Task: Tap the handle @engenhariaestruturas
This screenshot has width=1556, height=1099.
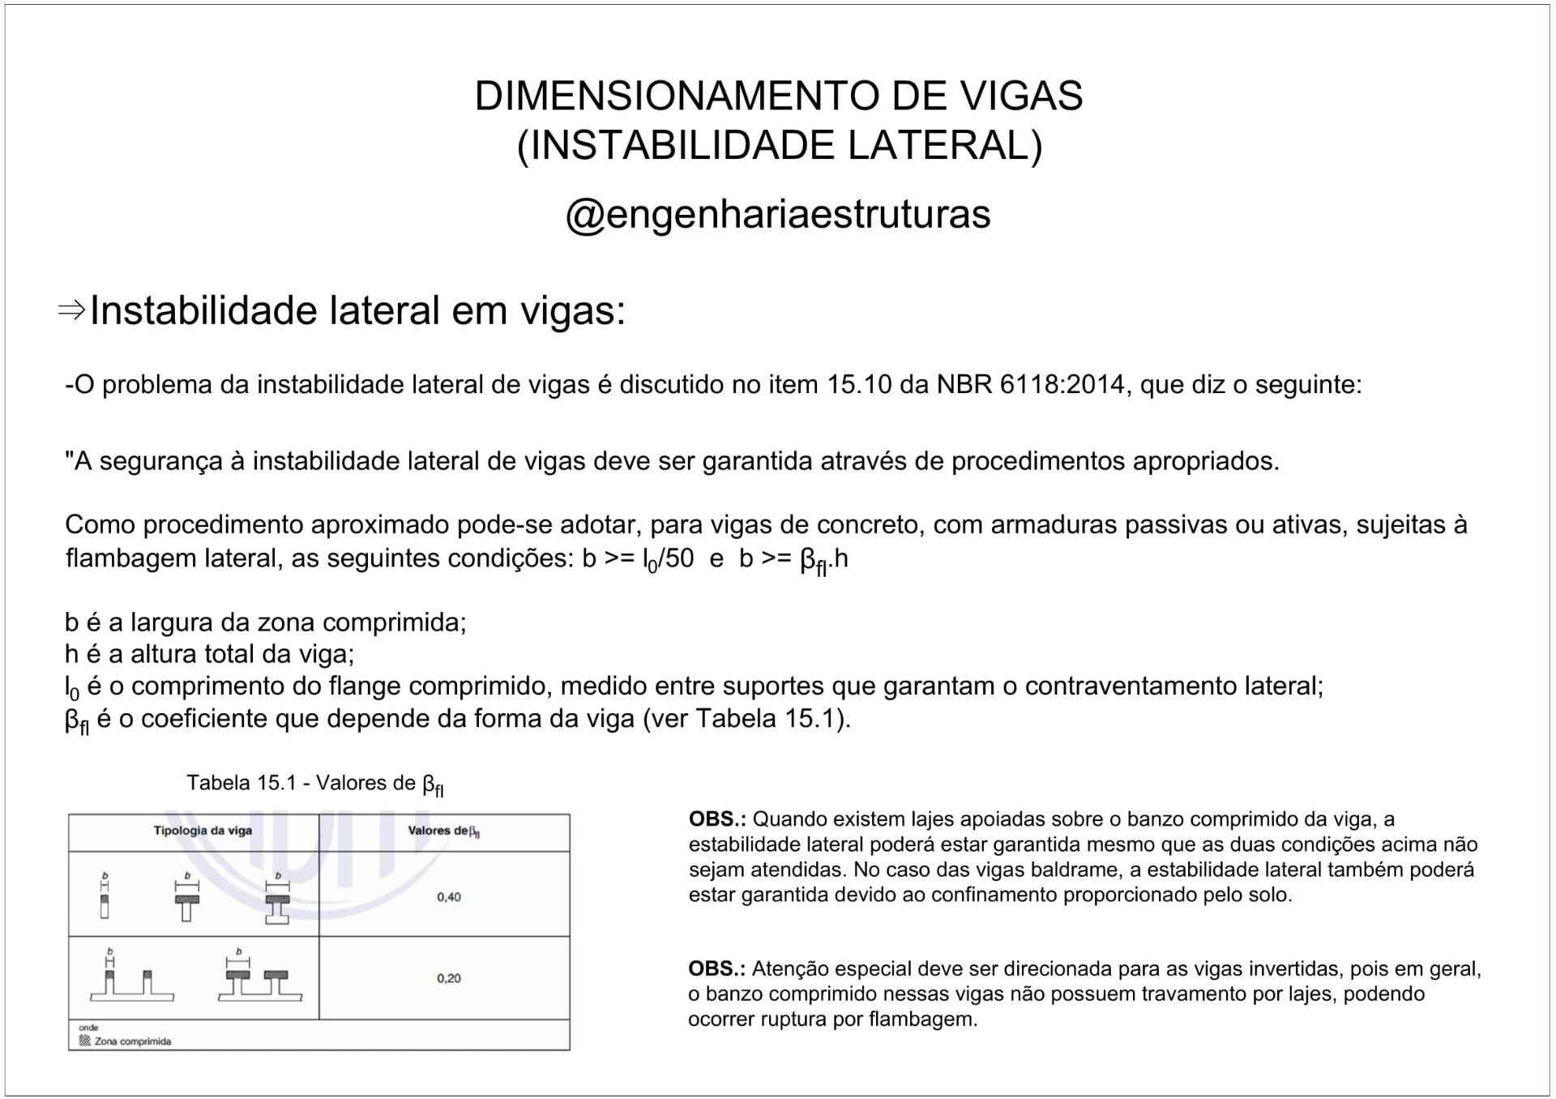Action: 778,214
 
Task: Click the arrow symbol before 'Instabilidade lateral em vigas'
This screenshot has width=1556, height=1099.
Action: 72,310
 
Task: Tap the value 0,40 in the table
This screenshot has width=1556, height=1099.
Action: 448,897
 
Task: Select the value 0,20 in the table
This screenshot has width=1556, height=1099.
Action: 448,978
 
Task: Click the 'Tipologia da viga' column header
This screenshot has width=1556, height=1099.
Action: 203,831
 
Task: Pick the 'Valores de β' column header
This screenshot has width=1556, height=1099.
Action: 444,831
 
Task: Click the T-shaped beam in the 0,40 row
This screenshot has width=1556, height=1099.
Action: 187,904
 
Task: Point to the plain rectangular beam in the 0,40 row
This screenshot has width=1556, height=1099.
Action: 105,904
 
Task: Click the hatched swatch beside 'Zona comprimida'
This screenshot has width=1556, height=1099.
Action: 84,1041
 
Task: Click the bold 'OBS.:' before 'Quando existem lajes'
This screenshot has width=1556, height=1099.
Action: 716,819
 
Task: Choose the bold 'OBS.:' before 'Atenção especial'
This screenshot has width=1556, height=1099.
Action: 716,969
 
